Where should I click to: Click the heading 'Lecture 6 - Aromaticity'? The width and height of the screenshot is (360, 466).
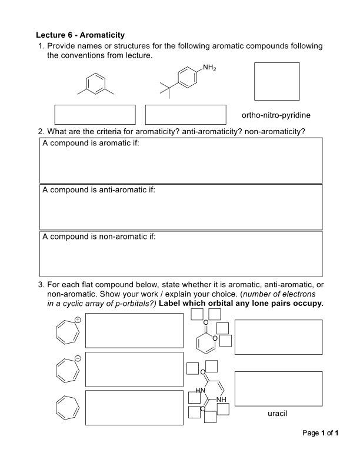click(x=80, y=35)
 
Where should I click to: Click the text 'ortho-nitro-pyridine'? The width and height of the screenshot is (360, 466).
click(x=276, y=115)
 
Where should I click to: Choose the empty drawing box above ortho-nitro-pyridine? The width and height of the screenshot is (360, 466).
click(x=276, y=81)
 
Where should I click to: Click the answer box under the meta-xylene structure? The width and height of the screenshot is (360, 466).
click(x=95, y=114)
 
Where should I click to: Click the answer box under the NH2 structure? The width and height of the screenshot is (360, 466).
click(x=185, y=114)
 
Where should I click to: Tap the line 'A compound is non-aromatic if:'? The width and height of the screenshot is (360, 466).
click(x=99, y=237)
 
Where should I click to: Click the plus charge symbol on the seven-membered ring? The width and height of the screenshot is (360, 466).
click(x=77, y=319)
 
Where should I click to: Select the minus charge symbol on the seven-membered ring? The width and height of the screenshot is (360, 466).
click(x=77, y=358)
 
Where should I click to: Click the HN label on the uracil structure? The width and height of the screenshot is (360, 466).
click(x=201, y=391)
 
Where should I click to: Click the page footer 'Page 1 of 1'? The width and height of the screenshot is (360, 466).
click(x=321, y=433)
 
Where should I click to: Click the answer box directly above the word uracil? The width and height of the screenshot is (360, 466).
click(x=278, y=388)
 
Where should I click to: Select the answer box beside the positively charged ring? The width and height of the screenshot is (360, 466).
click(x=134, y=330)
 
